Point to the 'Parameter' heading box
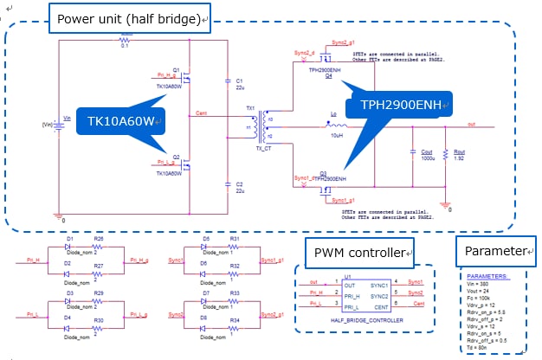click(x=494, y=251)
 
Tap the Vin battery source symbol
click(x=60, y=125)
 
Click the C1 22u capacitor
click(x=226, y=83)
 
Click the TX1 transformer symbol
click(x=260, y=126)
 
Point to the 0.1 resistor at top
click(x=124, y=39)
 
